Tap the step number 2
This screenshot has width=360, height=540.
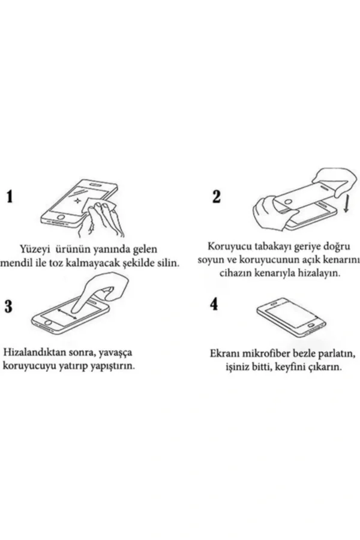pos(217,197)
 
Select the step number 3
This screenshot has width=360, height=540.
pos(8,307)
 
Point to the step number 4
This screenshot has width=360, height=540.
pos(214,305)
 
